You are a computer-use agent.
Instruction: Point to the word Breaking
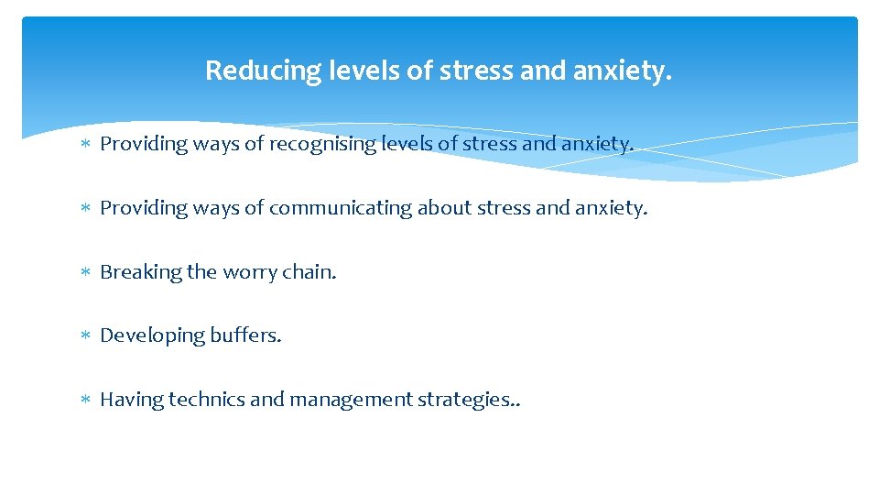(x=140, y=272)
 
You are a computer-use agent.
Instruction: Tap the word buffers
(x=246, y=335)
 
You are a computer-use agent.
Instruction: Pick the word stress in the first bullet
(x=491, y=144)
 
